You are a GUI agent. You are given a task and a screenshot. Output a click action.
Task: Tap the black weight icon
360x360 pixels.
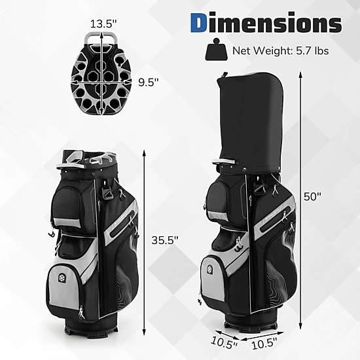click(x=216, y=50)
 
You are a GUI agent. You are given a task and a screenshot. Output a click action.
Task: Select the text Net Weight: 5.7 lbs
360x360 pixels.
click(x=280, y=50)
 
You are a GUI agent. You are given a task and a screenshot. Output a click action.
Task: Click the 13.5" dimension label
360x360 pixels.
click(x=103, y=24)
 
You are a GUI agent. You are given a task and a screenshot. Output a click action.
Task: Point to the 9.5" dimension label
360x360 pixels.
click(x=149, y=82)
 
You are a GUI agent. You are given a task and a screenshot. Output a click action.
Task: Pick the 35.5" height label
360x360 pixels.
click(x=164, y=240)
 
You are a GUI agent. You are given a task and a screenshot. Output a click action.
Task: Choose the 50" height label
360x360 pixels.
click(x=312, y=196)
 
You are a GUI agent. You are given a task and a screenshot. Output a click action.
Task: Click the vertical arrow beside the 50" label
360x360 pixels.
click(x=300, y=200)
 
